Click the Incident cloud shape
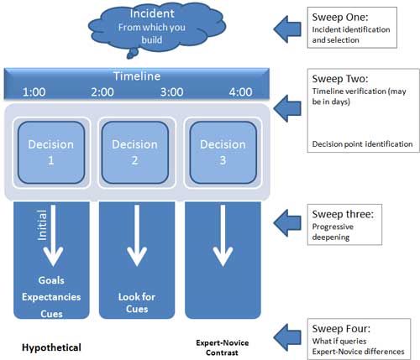coord(157,28)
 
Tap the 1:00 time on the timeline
coord(34,92)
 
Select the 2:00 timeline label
coord(102,92)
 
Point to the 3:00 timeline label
coord(171,92)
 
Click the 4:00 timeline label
coord(240,92)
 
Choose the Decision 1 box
coord(51,153)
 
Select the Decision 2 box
coord(135,153)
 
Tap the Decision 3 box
coord(223,153)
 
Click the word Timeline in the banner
coord(137,76)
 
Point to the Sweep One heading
coord(340,18)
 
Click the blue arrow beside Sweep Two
coord(287,108)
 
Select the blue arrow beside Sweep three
coord(287,223)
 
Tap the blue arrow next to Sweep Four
coord(287,337)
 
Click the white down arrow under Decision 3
coord(223,236)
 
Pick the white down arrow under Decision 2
coord(137,236)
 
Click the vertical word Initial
coord(42,225)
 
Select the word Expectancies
coord(51,297)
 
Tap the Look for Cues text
coord(137,303)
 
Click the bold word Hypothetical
coord(51,347)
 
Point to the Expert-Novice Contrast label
coord(223,347)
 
